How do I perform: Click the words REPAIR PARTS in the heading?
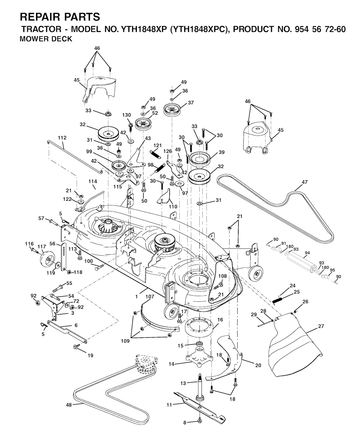60,17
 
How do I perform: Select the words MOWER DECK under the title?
46,39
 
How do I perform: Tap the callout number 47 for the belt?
305,182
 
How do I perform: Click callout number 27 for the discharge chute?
321,326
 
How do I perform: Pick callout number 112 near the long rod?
62,137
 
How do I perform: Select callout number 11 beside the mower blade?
169,405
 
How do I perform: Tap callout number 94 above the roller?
307,253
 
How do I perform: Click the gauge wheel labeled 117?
46,260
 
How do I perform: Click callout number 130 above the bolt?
127,115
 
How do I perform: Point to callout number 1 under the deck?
136,297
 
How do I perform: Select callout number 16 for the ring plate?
220,320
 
